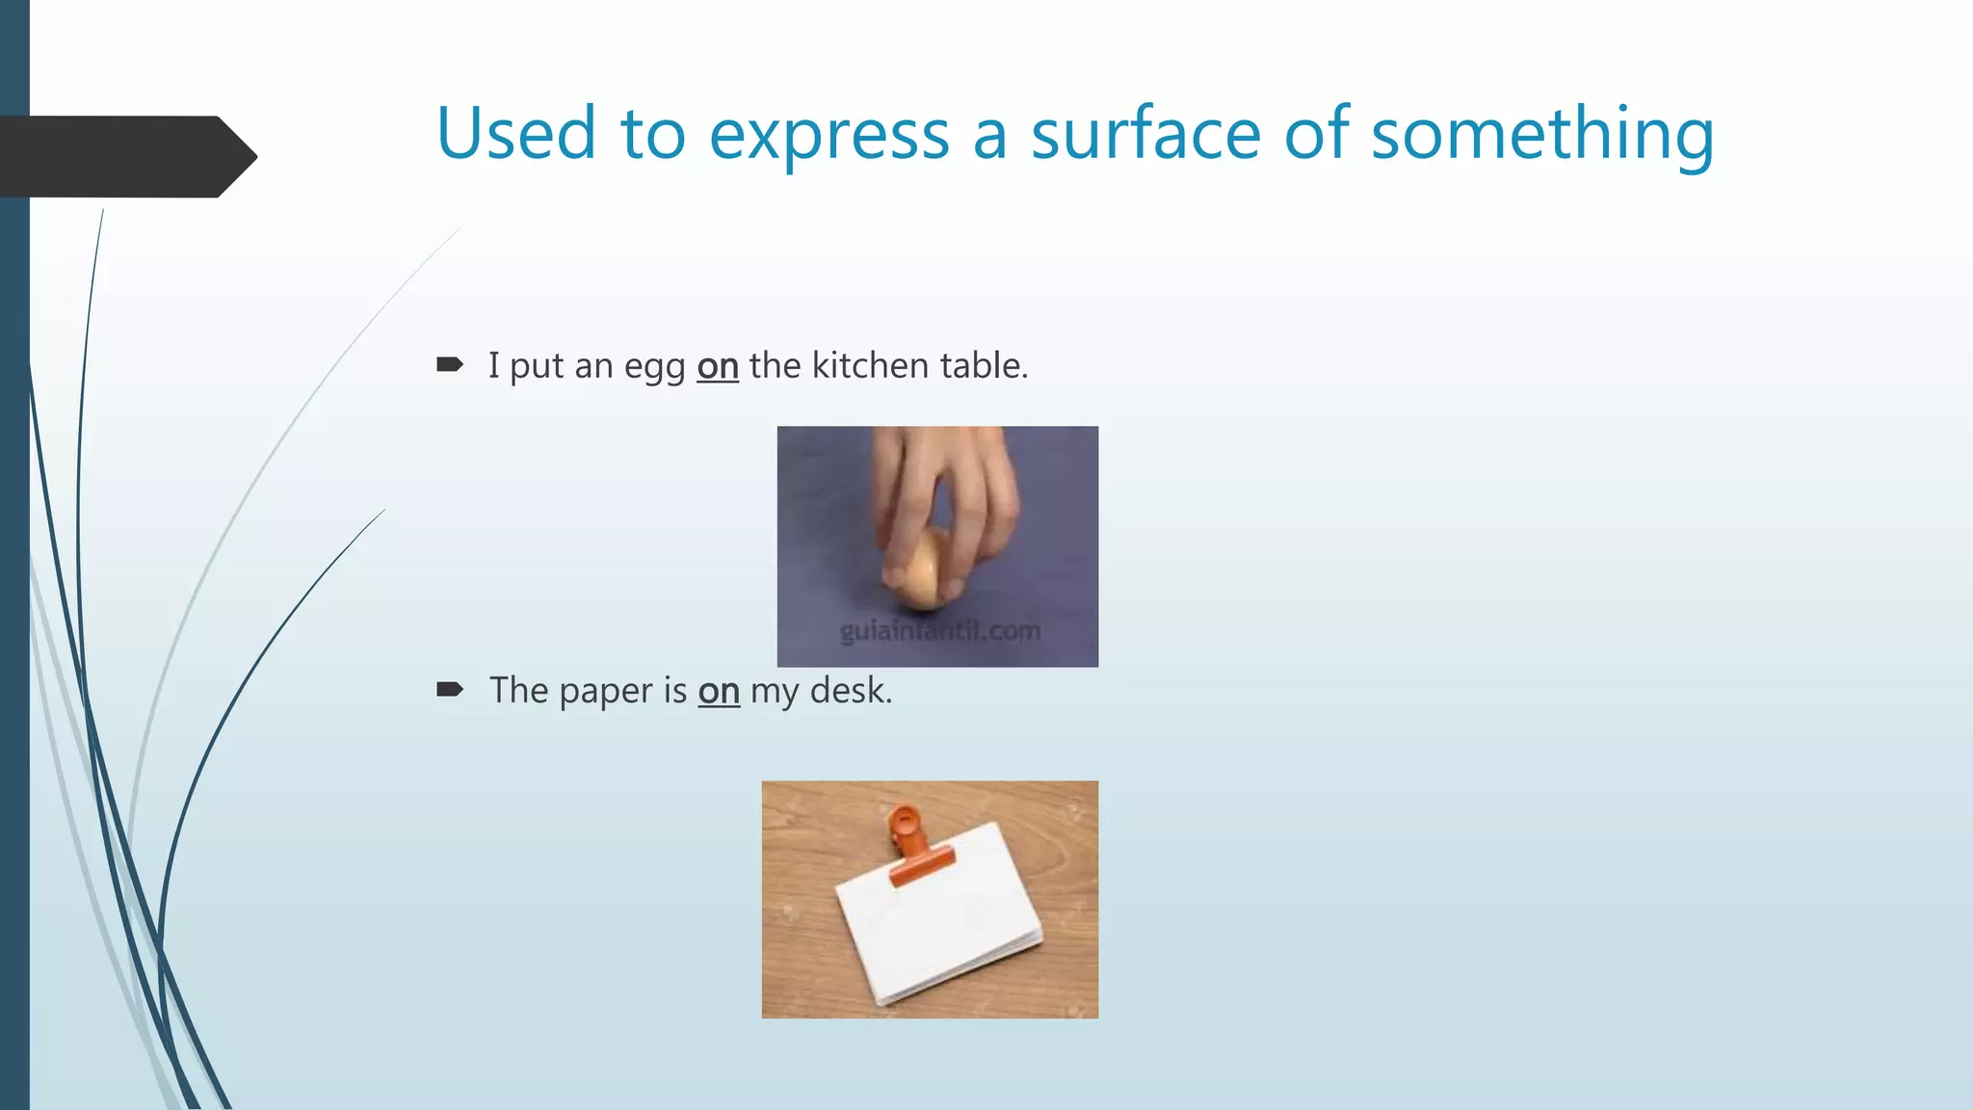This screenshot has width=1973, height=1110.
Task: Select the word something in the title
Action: pyautogui.click(x=1542, y=135)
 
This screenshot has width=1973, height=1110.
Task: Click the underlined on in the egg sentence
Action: pyautogui.click(x=718, y=366)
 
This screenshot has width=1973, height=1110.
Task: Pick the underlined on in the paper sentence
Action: pyautogui.click(x=719, y=691)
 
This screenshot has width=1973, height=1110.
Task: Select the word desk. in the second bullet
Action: pyautogui.click(x=851, y=691)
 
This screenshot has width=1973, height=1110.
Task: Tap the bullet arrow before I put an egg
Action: pyautogui.click(x=450, y=364)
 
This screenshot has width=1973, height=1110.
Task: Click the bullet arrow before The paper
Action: pyautogui.click(x=450, y=689)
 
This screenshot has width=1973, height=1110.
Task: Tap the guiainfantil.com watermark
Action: pyautogui.click(x=939, y=631)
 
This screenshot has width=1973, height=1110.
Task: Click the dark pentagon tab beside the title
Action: pyautogui.click(x=125, y=156)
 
